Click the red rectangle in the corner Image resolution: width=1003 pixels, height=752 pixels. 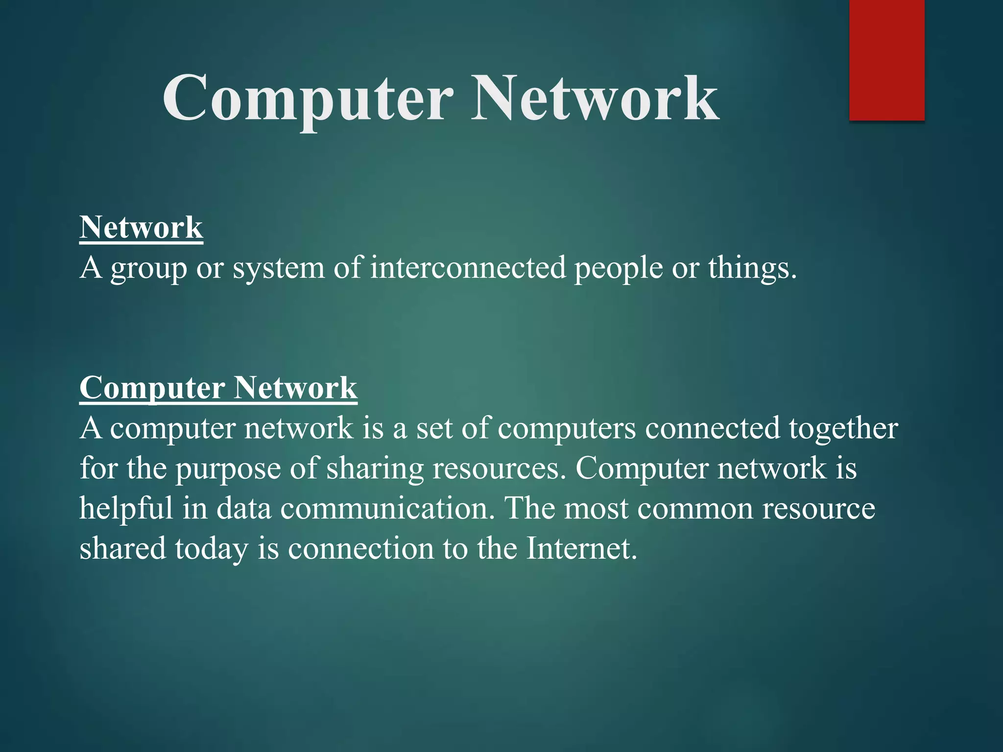pos(886,60)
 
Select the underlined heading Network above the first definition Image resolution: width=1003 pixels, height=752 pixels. pos(141,228)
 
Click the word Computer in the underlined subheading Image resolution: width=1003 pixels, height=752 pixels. pos(152,388)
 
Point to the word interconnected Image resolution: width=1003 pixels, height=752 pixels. pos(468,268)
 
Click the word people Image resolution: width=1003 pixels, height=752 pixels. pos(618,269)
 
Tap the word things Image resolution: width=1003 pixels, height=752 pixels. pos(752,269)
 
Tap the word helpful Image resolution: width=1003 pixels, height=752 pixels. pos(126,508)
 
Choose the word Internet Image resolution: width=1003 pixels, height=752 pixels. pos(582,548)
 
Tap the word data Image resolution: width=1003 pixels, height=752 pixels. pos(243,508)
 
